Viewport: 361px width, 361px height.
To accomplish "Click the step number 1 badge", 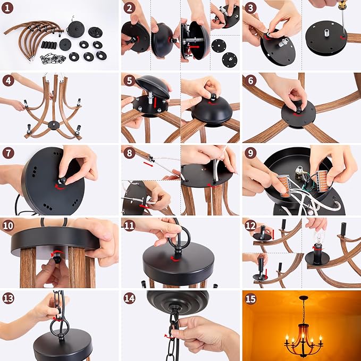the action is click(x=7, y=8).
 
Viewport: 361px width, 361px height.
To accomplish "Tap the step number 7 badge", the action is click(x=8, y=153).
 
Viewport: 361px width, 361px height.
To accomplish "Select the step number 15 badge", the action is click(x=250, y=299).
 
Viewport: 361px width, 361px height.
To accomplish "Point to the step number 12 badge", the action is click(x=250, y=226).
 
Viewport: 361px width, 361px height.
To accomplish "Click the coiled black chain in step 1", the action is click(x=52, y=58).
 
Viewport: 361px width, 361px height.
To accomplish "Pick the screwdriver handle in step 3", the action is click(x=342, y=5).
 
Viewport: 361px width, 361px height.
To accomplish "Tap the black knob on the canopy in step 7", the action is click(x=62, y=180).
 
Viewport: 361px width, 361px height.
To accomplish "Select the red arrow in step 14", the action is click(x=169, y=337).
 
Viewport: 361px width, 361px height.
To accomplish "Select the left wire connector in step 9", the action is click(x=284, y=184).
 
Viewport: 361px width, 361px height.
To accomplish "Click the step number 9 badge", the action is click(x=250, y=153).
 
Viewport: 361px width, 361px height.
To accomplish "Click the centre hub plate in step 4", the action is click(x=54, y=125).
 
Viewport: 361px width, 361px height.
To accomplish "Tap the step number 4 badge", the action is click(x=8, y=81).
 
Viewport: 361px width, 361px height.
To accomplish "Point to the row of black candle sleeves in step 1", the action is click(x=49, y=45).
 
